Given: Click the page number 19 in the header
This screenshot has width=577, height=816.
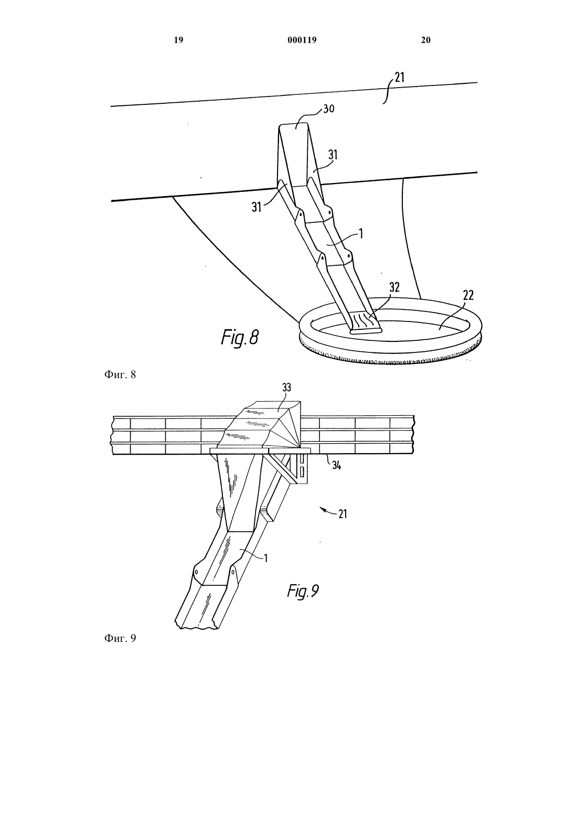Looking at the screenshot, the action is pos(178,40).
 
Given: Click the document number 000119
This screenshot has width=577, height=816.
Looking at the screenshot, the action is pos(302,40).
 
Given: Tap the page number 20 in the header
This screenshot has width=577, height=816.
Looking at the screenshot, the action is pos(425,40).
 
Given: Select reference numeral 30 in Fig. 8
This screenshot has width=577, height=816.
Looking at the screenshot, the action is pos(328,109).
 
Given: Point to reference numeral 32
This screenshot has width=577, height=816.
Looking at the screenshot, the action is pos(394,287).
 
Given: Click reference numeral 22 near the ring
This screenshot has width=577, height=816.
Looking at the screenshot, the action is pos(468,295).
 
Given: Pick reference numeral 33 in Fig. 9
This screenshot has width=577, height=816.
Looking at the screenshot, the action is pos(287,388).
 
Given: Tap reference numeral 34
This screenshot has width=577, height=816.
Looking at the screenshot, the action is pos(336,465).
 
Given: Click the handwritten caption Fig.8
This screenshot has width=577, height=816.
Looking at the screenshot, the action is pos(240,337).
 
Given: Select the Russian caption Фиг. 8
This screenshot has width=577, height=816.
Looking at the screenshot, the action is pos(120,374).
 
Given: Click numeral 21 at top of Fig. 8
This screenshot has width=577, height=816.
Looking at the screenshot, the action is pos(400,78).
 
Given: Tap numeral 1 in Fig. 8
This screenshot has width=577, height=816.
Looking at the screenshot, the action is pos(361,233).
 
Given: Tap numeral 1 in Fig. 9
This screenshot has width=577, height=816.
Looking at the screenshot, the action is pos(266,558).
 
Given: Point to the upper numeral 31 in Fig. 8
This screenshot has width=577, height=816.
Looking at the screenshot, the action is pos(333,155).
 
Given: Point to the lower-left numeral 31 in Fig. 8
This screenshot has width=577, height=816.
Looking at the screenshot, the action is pos(257,207).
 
